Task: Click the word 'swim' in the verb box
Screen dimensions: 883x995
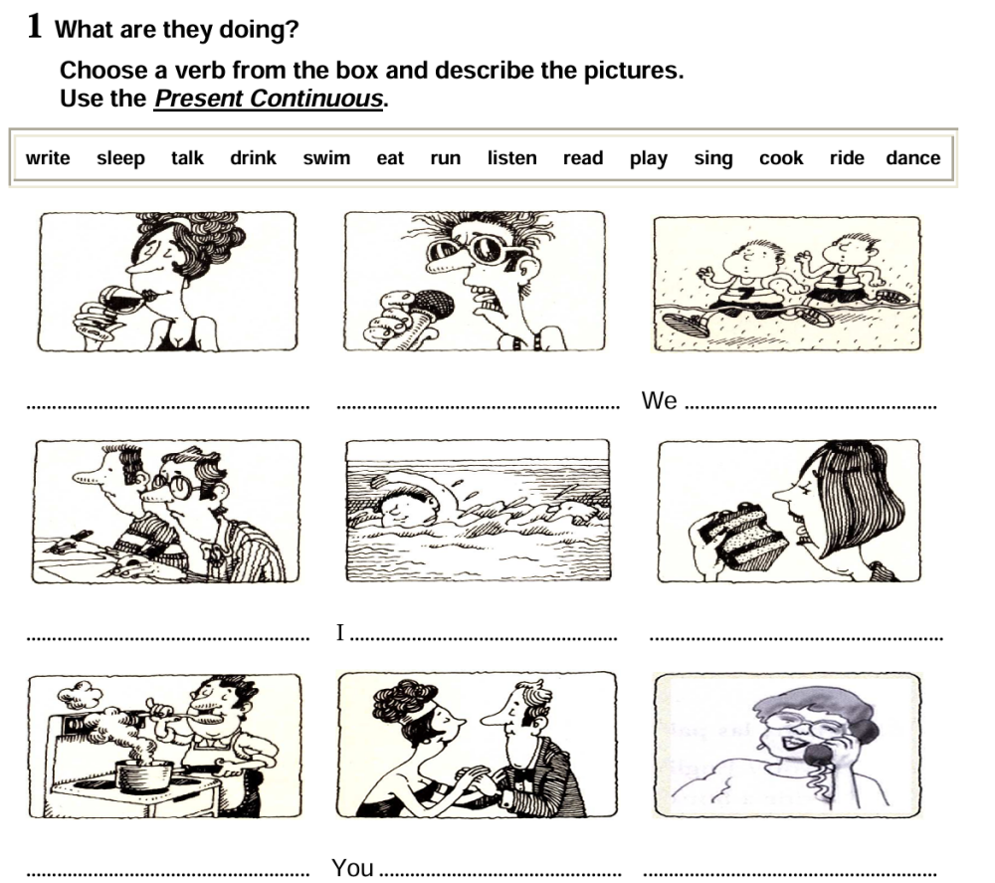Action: pos(326,158)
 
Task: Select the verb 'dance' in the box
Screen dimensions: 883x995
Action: pos(912,158)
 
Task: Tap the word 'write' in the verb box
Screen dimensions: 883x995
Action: pos(48,158)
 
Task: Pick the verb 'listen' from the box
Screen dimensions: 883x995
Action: pos(511,158)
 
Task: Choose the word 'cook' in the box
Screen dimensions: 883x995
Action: pos(781,158)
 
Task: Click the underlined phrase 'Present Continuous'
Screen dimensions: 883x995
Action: pos(269,100)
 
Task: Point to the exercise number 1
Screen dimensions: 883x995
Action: pos(35,27)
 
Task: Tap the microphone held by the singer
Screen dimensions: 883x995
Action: pos(431,305)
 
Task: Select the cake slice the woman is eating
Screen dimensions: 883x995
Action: pos(744,539)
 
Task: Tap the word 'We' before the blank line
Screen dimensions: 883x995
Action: pos(659,401)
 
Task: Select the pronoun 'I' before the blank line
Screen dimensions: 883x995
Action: pos(340,632)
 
